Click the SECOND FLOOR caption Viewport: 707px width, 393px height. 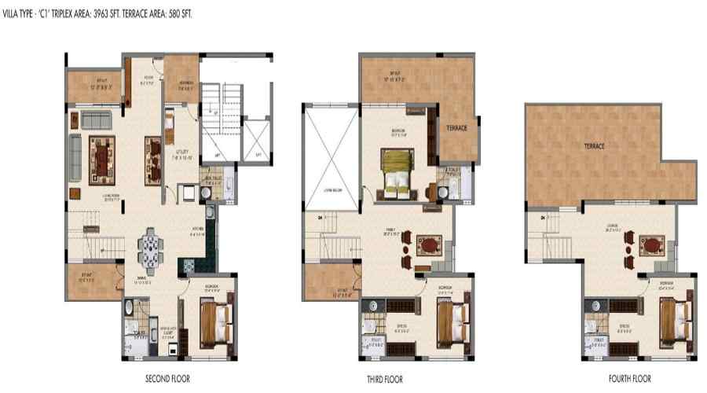pyautogui.click(x=163, y=379)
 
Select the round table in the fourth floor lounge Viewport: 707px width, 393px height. pyautogui.click(x=651, y=245)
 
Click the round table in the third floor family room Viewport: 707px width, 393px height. pyautogui.click(x=429, y=245)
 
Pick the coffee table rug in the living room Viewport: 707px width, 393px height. pyautogui.click(x=102, y=154)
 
